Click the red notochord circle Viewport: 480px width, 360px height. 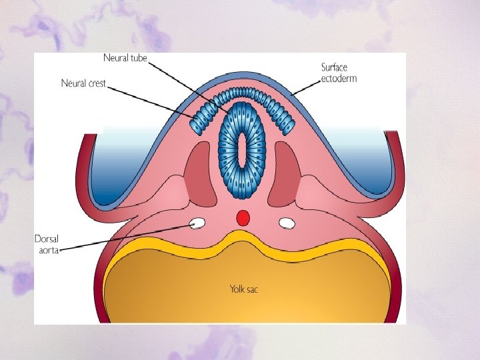pos(243,217)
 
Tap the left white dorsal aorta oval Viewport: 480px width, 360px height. pos(197,223)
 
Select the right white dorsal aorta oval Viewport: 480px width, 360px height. pos(287,223)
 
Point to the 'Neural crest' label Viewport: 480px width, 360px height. pos(83,83)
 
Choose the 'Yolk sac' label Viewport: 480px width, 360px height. pos(243,289)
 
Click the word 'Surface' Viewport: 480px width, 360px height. pos(335,67)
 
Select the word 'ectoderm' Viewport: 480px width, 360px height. pos(339,78)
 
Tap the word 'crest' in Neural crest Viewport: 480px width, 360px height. pos(96,83)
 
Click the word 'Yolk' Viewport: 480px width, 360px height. pos(237,289)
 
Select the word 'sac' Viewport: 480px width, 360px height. pos(253,290)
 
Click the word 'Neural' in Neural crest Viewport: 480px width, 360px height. pos(73,83)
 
